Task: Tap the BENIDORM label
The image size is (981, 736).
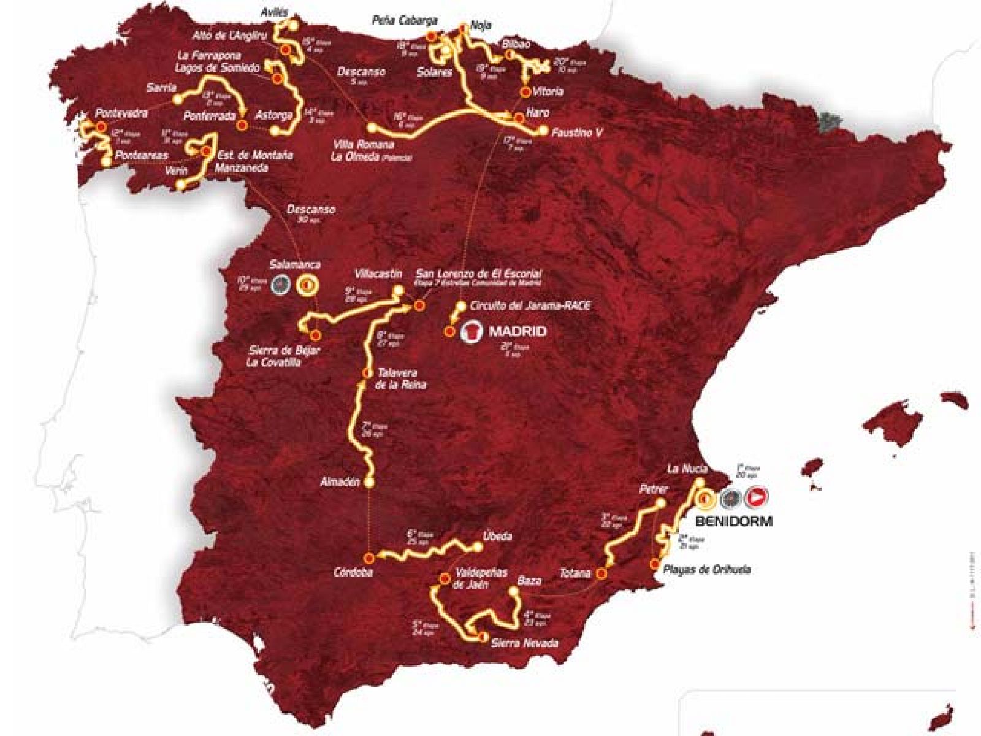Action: point(734,522)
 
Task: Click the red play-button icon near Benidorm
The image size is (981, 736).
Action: point(757,498)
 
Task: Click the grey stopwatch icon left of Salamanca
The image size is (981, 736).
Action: point(281,283)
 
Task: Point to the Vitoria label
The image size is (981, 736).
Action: point(548,91)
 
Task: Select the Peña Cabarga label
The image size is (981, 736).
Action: point(405,20)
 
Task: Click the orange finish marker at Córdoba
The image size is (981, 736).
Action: point(369,558)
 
